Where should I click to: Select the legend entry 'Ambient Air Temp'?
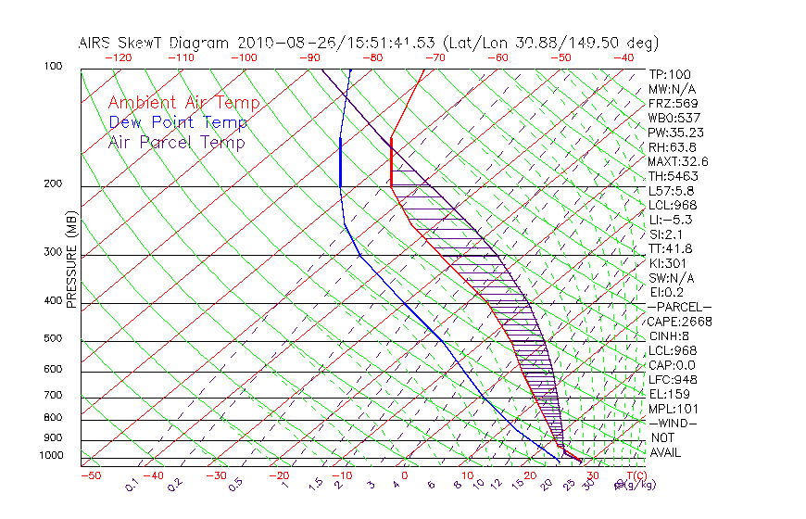click(x=184, y=103)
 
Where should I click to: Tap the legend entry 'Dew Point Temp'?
click(x=178, y=122)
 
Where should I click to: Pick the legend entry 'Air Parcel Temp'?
click(x=177, y=142)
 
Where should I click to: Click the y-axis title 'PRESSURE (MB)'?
click(x=72, y=265)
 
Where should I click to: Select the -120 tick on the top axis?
click(x=118, y=57)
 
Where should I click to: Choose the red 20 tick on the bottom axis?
click(x=530, y=475)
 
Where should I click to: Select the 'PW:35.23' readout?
click(x=674, y=133)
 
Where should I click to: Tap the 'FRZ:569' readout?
click(x=673, y=103)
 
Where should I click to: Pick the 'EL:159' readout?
click(x=667, y=394)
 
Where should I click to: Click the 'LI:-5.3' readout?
click(x=670, y=220)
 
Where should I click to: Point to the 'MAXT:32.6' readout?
click(x=677, y=161)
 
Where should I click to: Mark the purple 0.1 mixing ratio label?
click(x=132, y=484)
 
